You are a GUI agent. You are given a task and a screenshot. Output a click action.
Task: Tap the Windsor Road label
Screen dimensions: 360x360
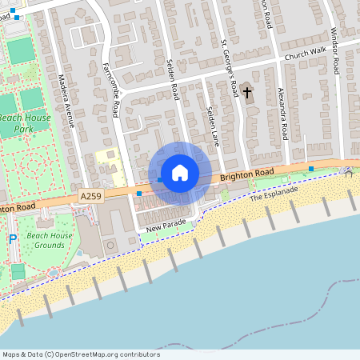coord(337,52)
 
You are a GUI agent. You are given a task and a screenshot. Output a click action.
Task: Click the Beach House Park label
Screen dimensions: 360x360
coord(24,122)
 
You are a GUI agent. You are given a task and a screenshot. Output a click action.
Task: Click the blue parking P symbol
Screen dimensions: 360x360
coord(12,239)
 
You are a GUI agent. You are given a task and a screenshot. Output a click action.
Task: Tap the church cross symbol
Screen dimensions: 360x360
coord(247,92)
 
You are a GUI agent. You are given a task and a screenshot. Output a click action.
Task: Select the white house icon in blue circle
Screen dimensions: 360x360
coord(180,173)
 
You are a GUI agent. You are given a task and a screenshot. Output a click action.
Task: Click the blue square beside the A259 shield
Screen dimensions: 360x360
coord(139,194)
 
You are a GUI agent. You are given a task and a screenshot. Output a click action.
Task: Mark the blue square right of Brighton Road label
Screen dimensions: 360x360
coord(310,168)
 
